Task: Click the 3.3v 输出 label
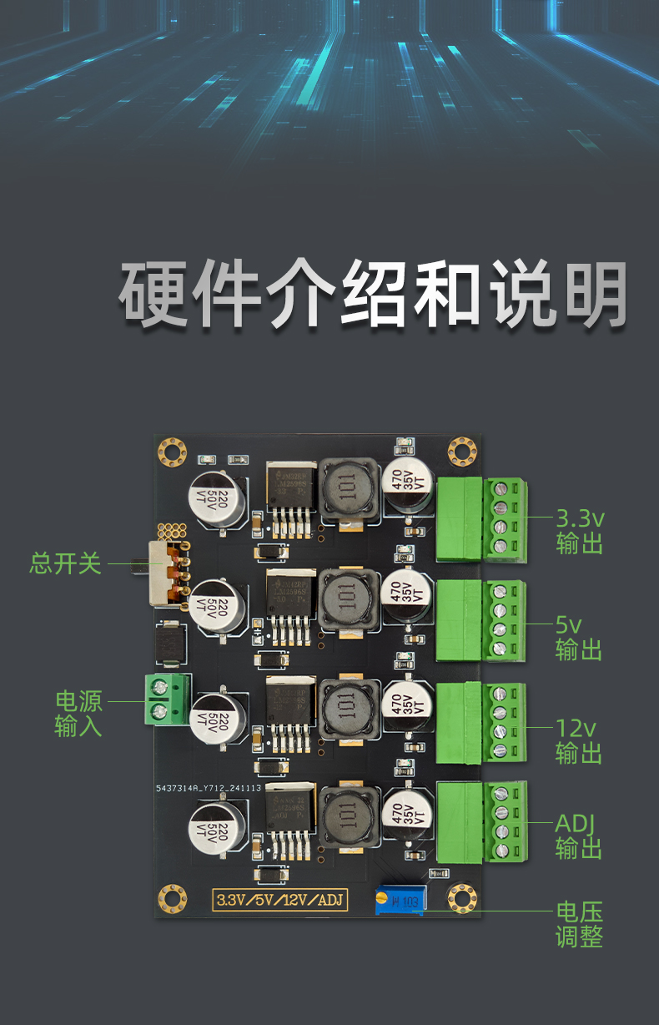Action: (x=580, y=532)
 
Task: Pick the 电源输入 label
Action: (x=78, y=714)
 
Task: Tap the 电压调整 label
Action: (x=579, y=924)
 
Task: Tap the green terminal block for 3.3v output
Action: (x=481, y=520)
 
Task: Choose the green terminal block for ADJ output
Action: (x=481, y=821)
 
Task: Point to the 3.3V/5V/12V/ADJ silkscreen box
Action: (x=281, y=900)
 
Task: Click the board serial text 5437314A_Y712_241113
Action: (x=209, y=787)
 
